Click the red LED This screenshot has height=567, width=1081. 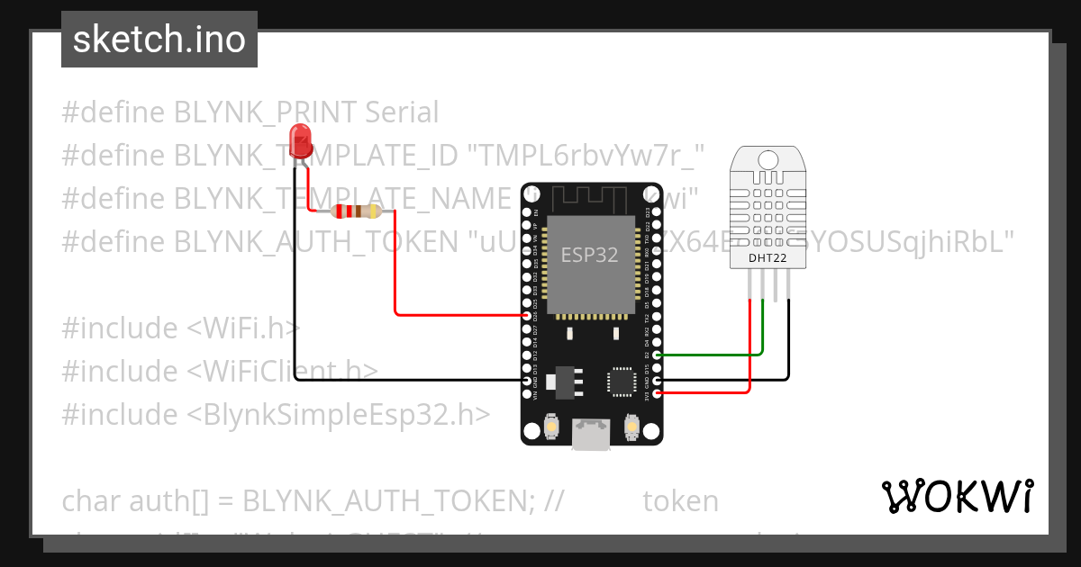pos(299,143)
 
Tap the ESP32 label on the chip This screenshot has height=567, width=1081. pos(590,255)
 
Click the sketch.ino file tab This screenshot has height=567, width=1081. pos(159,40)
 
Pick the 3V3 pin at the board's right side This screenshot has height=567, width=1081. pos(657,393)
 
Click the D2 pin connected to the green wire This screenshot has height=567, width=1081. pos(657,355)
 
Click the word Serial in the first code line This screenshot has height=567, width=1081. pos(402,112)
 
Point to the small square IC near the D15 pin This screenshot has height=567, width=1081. pos(623,381)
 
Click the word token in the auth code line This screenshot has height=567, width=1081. pos(680,501)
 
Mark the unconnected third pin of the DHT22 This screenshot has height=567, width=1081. pos(776,286)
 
